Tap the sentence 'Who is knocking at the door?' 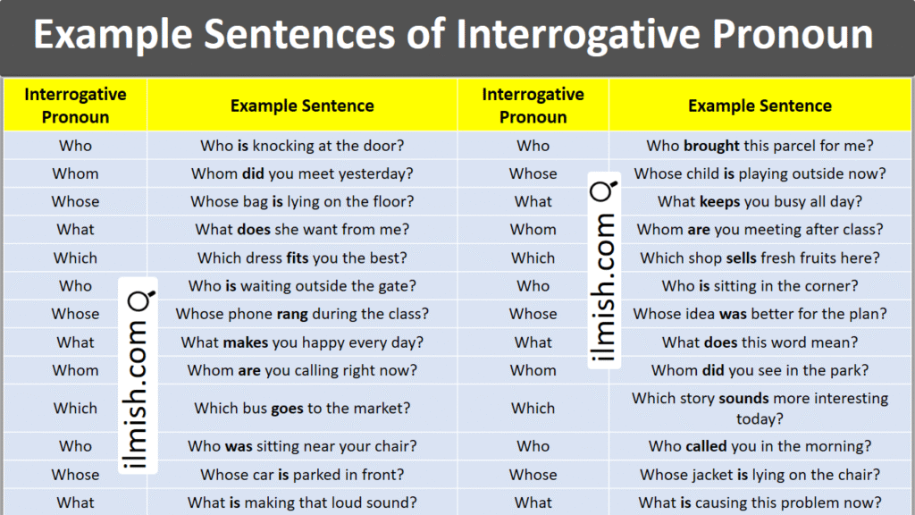pyautogui.click(x=302, y=146)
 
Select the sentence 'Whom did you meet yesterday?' pyautogui.click(x=302, y=173)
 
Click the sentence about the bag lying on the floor pyautogui.click(x=302, y=201)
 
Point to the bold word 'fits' pyautogui.click(x=298, y=257)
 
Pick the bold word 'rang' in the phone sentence pyautogui.click(x=292, y=314)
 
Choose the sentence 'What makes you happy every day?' pyautogui.click(x=302, y=342)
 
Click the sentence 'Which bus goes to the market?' pyautogui.click(x=302, y=408)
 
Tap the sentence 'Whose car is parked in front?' pyautogui.click(x=302, y=474)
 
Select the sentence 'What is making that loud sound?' pyautogui.click(x=302, y=502)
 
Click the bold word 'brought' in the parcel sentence pyautogui.click(x=711, y=146)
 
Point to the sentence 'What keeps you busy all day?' pyautogui.click(x=760, y=201)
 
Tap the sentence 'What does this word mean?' pyautogui.click(x=760, y=342)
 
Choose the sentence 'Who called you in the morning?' pyautogui.click(x=760, y=446)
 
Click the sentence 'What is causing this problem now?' pyautogui.click(x=760, y=502)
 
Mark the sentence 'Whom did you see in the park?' pyautogui.click(x=760, y=370)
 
